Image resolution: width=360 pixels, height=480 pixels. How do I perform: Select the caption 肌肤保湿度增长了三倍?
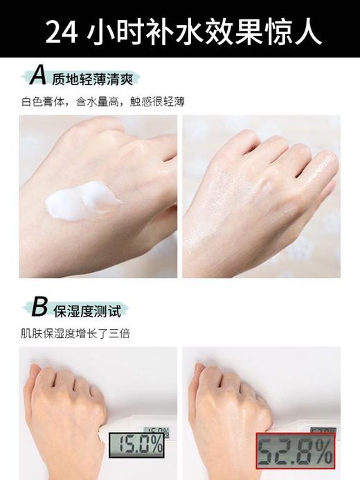tap(75, 333)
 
